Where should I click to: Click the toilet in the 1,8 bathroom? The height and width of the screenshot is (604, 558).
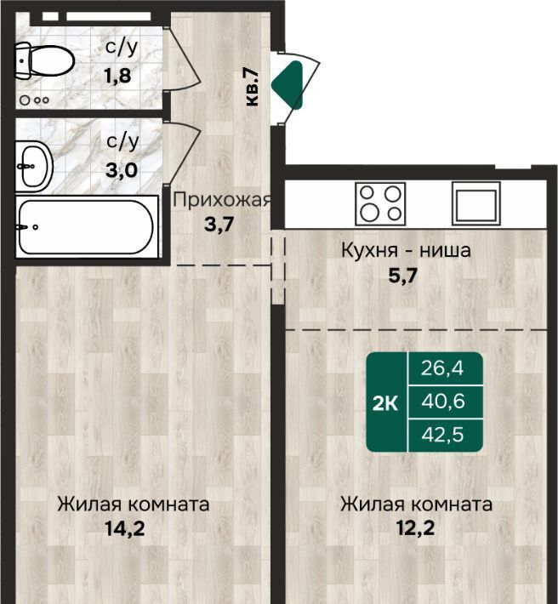coord(43,61)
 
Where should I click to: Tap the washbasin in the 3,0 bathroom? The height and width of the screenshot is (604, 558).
coord(34,167)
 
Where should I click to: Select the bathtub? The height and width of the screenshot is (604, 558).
coord(87,227)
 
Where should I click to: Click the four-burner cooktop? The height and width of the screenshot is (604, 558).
coord(380,204)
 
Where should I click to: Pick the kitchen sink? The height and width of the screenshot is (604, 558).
coord(476,203)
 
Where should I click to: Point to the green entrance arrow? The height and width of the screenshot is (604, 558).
coord(288,85)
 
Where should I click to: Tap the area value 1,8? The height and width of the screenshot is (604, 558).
coord(118,76)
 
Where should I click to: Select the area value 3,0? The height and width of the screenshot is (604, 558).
coord(122,170)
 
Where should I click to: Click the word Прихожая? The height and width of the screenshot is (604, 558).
coord(222,200)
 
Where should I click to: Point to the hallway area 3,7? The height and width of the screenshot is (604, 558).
coord(219,225)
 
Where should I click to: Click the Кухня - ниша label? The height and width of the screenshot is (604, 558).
coord(406,250)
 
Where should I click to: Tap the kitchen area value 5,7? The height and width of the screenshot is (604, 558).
coord(403,276)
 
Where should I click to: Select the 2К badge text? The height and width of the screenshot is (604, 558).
coord(385,403)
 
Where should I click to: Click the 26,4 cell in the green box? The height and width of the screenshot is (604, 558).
coord(442,368)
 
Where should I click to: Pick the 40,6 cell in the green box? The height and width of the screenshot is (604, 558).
coord(443,401)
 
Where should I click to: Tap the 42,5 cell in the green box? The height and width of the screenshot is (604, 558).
coord(442,435)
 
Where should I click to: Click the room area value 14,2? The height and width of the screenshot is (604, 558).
coord(125,528)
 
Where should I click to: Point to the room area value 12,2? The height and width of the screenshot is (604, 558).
coord(415,528)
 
